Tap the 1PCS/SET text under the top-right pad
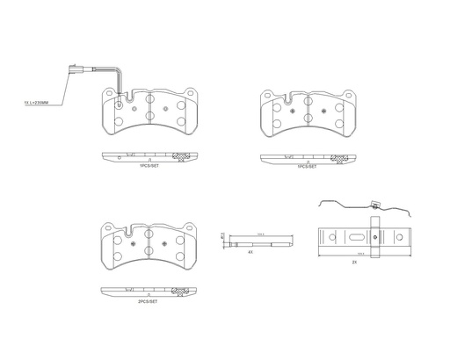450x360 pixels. (x=306, y=165)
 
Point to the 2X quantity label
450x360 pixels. (x=354, y=262)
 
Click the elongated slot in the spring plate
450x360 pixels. (x=354, y=237)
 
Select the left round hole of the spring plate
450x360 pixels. (x=332, y=237)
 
